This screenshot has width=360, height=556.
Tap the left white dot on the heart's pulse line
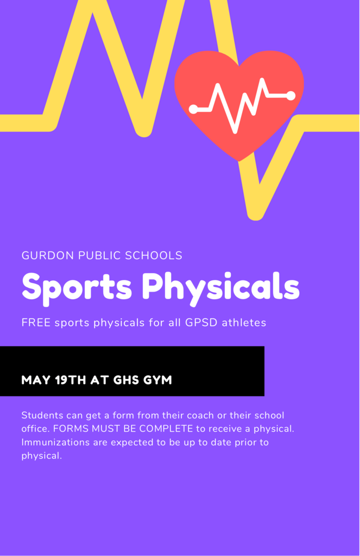point(193,109)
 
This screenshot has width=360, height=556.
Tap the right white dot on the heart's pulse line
point(291,96)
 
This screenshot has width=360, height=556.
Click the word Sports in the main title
point(77,287)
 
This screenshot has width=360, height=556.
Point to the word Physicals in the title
point(220,287)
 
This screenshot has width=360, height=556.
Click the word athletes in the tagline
point(244,323)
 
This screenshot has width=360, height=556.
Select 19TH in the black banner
point(71,380)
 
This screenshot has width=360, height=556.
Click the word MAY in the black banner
point(36,380)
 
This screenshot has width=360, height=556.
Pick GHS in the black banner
point(126,380)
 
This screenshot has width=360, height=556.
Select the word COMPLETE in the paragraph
point(166,429)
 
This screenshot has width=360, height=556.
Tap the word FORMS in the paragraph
point(71,429)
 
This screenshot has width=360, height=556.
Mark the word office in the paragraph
point(35,429)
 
